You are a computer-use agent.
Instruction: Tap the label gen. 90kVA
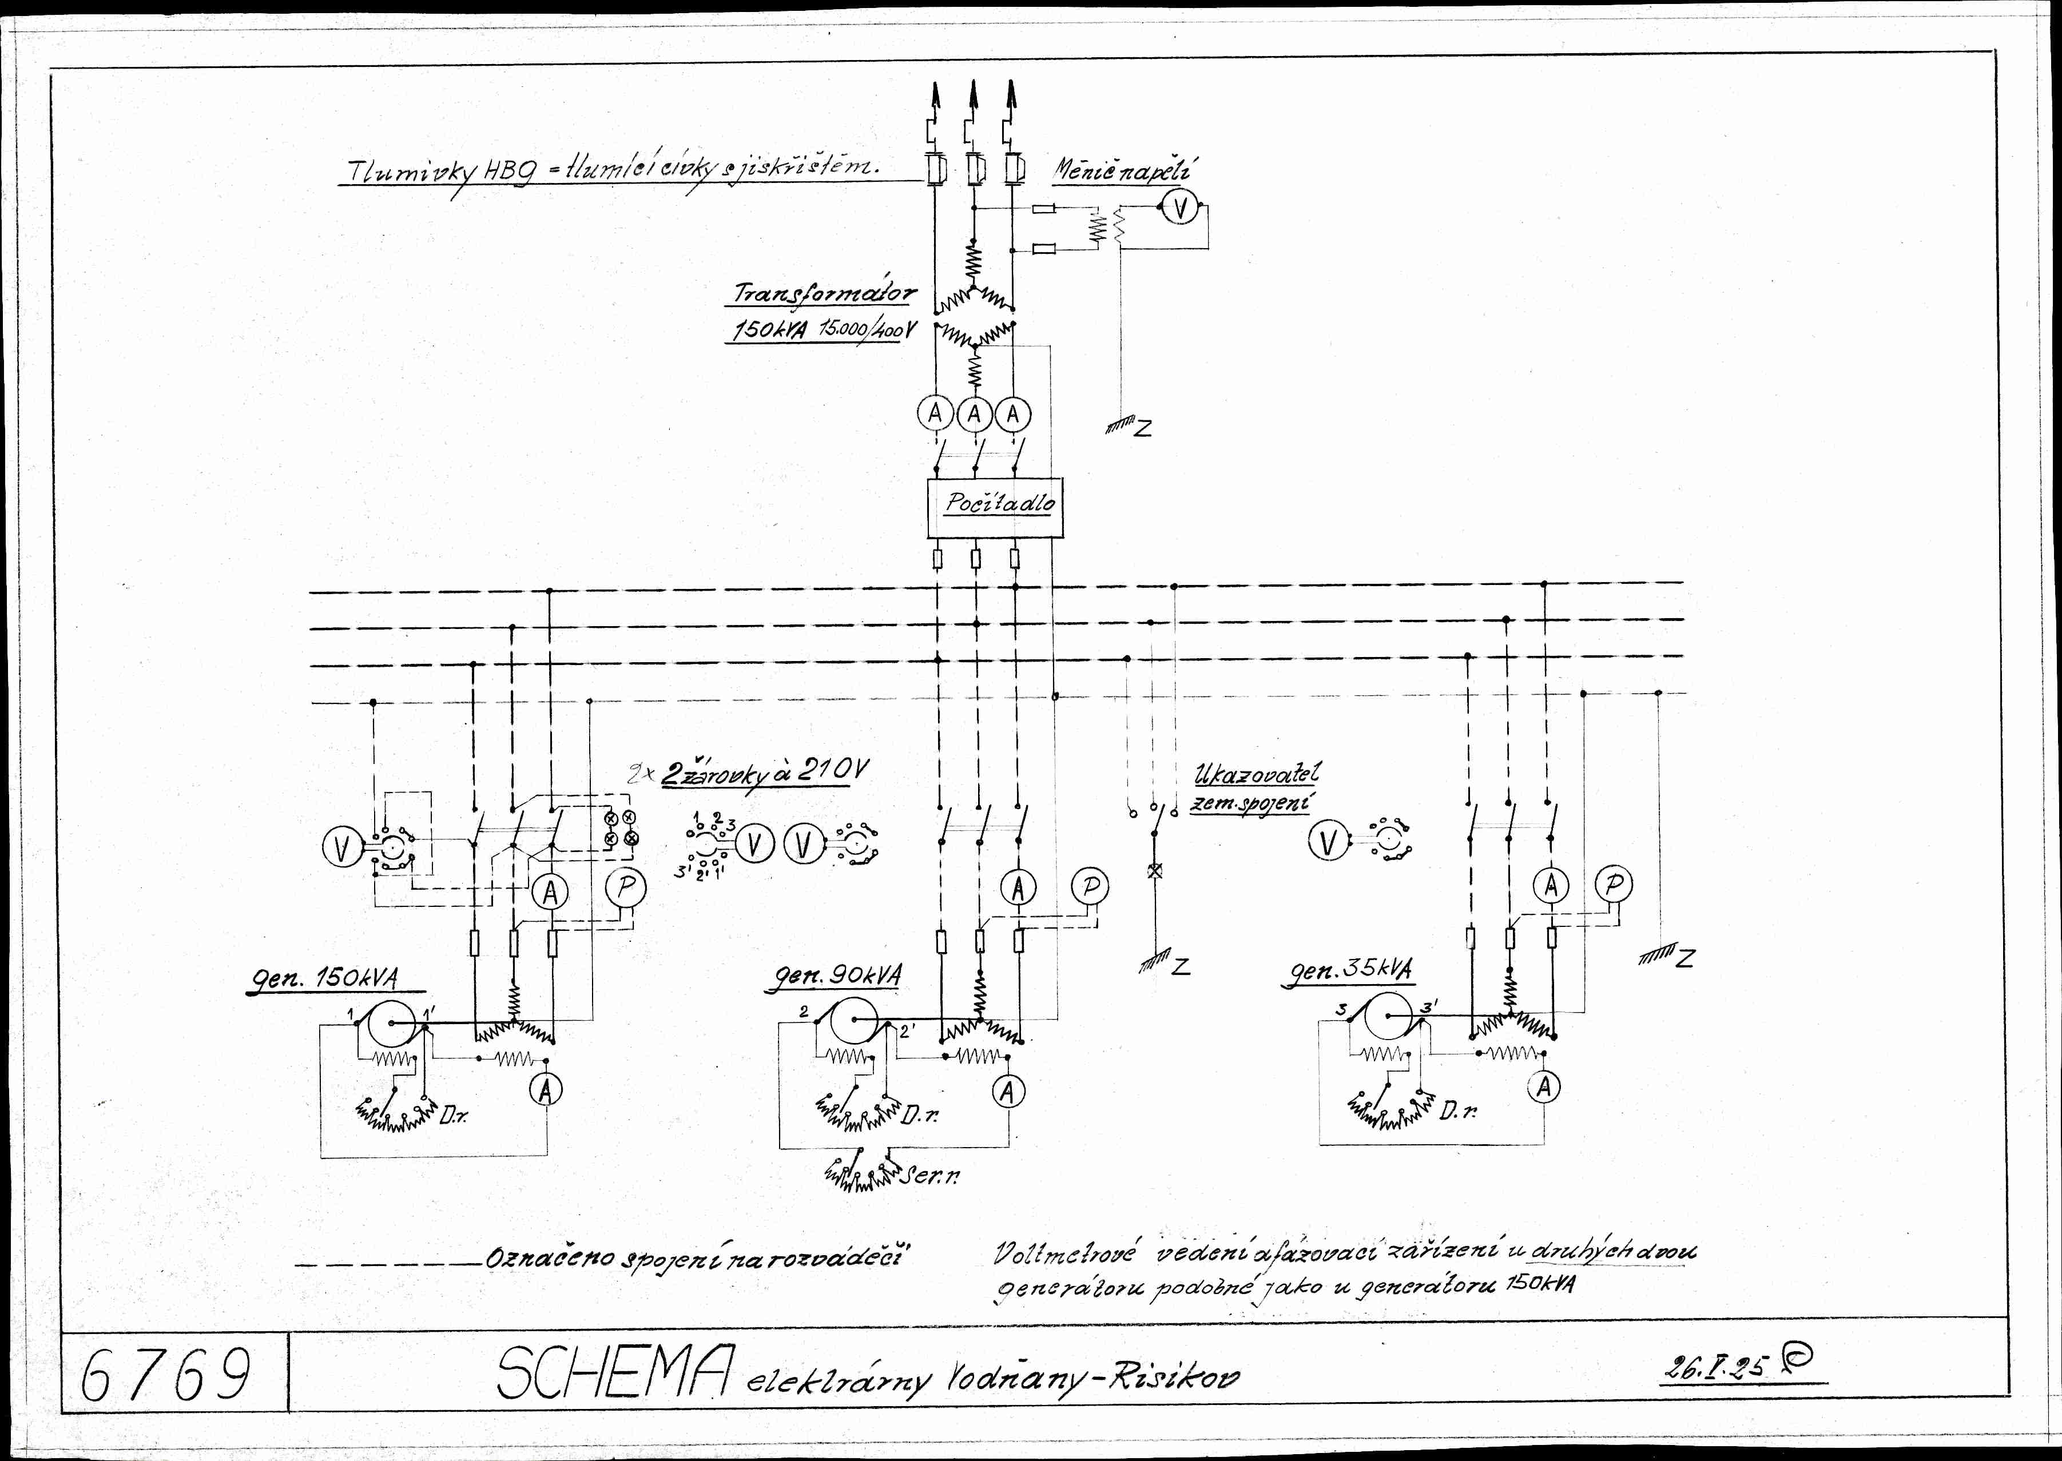832,976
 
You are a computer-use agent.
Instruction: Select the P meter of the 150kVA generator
625,889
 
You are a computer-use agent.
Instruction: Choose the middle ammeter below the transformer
974,415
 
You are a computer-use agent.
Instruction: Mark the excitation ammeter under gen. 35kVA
1544,1087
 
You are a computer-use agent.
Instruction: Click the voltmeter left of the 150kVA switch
340,846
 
